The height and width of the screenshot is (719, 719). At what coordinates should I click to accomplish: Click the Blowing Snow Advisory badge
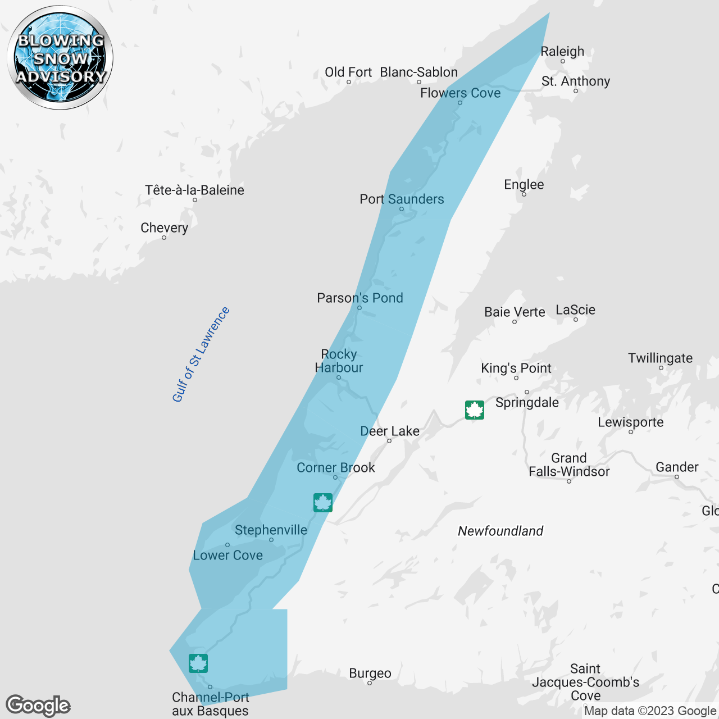tap(60, 57)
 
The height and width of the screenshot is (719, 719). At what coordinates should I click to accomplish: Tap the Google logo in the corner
tap(38, 706)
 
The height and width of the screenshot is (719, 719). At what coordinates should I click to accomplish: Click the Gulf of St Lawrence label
tap(201, 354)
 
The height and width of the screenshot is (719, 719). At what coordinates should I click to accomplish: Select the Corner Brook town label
tap(335, 467)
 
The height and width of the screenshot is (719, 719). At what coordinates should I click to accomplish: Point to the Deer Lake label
tap(389, 431)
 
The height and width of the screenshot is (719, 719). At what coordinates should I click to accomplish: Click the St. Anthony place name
tap(575, 81)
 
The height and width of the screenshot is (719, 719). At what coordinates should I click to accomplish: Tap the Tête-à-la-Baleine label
tap(194, 190)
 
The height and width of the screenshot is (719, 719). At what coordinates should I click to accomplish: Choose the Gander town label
tap(677, 467)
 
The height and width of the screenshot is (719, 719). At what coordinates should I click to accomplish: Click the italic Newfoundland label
tap(500, 531)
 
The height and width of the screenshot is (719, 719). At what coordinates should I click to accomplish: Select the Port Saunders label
tap(402, 199)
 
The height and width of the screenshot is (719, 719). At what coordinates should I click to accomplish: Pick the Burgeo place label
tap(370, 673)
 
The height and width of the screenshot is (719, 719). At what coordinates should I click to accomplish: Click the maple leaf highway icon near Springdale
tap(475, 410)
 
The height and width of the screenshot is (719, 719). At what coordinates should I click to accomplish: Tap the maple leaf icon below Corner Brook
tap(323, 502)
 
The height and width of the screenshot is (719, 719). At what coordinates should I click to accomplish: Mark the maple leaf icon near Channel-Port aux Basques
tap(198, 663)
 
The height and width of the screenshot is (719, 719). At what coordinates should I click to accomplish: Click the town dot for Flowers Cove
tap(460, 103)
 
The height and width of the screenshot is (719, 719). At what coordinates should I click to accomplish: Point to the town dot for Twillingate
tap(661, 368)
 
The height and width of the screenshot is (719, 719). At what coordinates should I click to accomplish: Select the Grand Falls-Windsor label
tap(569, 465)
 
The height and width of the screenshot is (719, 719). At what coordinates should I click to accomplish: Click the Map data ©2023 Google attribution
tap(650, 711)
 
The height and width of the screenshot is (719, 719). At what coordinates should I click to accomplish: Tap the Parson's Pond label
tap(360, 298)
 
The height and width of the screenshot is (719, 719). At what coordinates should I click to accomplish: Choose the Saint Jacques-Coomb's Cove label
tap(585, 682)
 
